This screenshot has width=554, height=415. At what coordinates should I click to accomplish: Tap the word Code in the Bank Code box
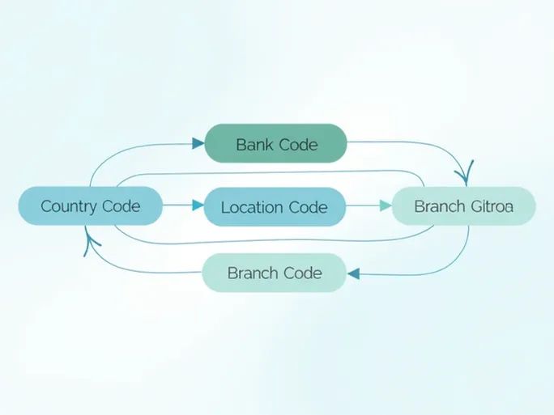(x=297, y=145)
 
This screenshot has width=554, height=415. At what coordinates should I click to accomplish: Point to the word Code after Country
(x=121, y=206)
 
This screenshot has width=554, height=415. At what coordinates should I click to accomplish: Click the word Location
(x=251, y=208)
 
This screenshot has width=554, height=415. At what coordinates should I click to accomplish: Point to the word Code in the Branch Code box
(x=301, y=273)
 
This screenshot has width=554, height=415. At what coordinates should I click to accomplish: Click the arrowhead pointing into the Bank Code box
(x=198, y=144)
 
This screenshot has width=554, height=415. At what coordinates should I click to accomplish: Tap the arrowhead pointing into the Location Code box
(x=198, y=206)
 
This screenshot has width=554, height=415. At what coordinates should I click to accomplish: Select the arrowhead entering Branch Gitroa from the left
(x=384, y=206)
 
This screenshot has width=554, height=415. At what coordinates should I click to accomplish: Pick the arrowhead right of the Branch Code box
(x=353, y=274)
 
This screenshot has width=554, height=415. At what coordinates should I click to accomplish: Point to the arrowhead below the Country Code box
(x=88, y=240)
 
